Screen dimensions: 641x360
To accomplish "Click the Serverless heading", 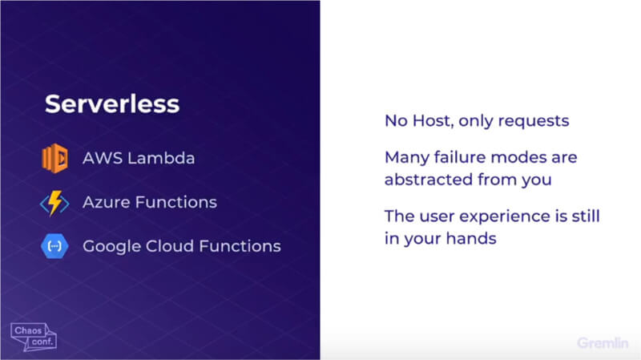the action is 112,104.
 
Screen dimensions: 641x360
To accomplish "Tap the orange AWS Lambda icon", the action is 54,158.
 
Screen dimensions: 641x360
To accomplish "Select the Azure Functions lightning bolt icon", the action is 54,203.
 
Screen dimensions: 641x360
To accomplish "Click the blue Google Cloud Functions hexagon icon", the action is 54,246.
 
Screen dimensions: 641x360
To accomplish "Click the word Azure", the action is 107,202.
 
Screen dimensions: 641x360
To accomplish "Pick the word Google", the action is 111,247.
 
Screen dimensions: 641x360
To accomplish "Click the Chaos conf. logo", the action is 34,337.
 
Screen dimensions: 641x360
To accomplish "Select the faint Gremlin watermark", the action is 603,343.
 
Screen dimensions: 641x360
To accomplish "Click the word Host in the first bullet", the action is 433,121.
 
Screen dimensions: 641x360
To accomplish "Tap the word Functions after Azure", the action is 175,202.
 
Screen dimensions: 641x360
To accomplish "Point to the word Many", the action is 407,158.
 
